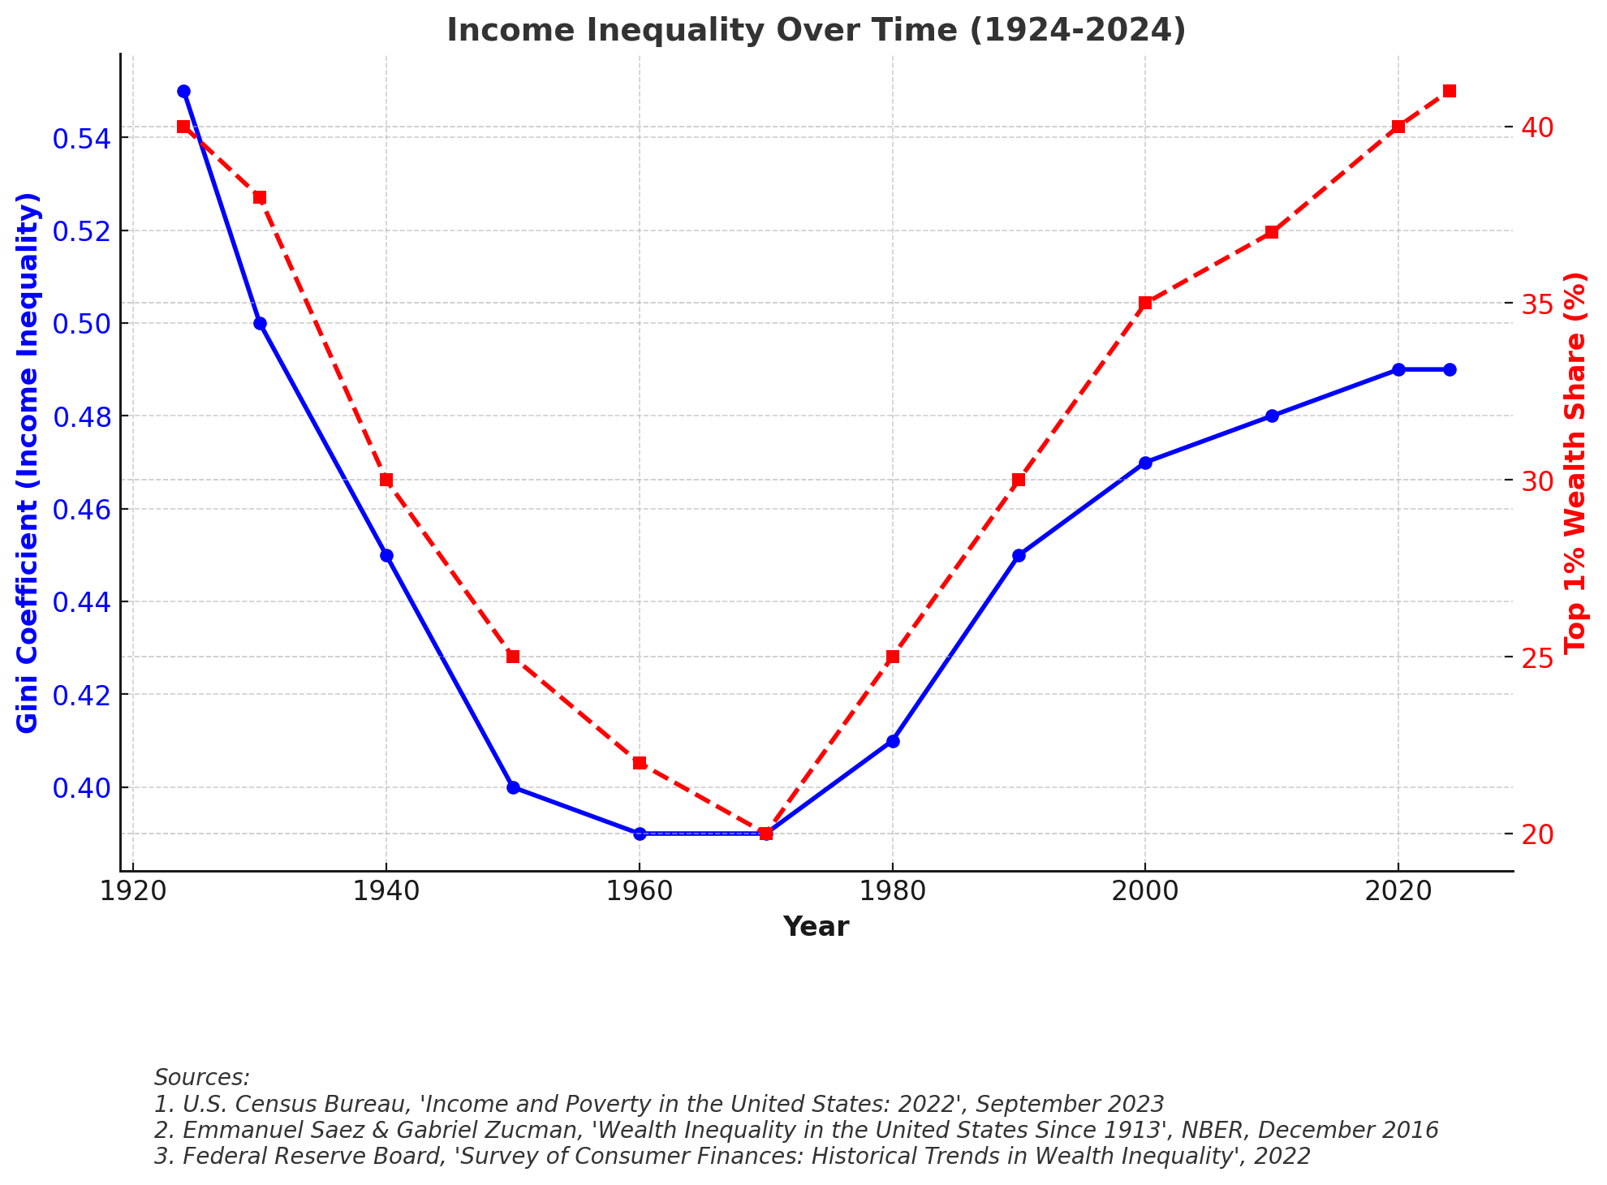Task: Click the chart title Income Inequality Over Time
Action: coord(816,31)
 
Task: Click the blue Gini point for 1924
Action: coord(183,92)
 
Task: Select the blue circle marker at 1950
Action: coord(513,787)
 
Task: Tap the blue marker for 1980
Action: coord(893,741)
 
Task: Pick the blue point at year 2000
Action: coord(1145,463)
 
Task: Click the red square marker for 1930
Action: coord(260,198)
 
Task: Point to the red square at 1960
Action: coord(640,763)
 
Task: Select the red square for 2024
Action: coord(1450,91)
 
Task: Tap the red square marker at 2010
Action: coord(1272,233)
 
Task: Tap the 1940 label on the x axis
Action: coord(386,890)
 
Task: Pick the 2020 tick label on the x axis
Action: coord(1398,890)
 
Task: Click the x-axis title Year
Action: coord(816,927)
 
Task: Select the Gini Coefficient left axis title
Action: coord(28,463)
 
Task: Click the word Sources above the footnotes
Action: coord(202,1078)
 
